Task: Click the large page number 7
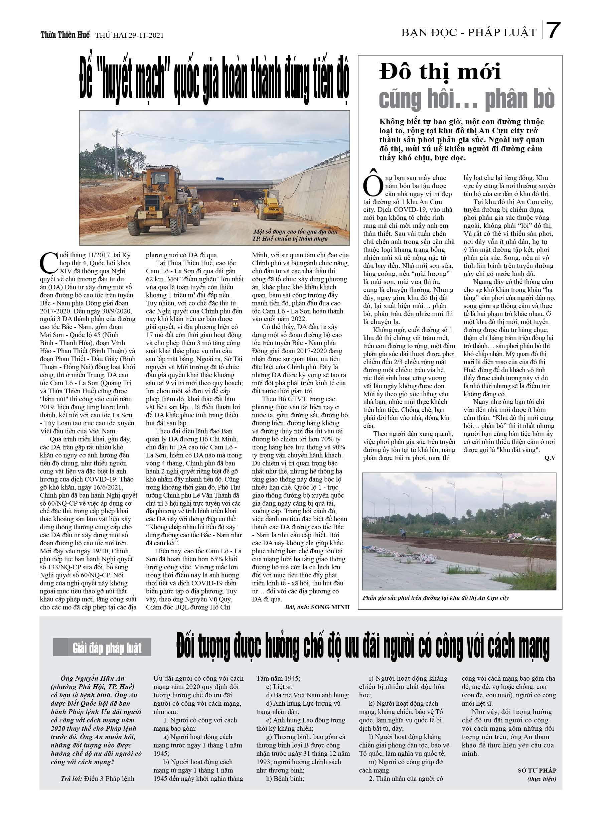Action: (x=553, y=31)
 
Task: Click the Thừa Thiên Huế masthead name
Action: (x=65, y=35)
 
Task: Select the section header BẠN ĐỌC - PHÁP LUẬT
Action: (x=468, y=33)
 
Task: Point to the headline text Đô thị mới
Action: (x=440, y=71)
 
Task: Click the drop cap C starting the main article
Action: (x=49, y=263)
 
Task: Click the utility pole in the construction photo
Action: (x=117, y=153)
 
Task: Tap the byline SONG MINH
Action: (x=330, y=607)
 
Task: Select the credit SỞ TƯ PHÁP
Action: (x=537, y=771)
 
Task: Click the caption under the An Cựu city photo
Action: (x=435, y=598)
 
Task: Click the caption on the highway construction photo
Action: (x=290, y=235)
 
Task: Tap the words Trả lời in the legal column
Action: (x=71, y=779)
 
